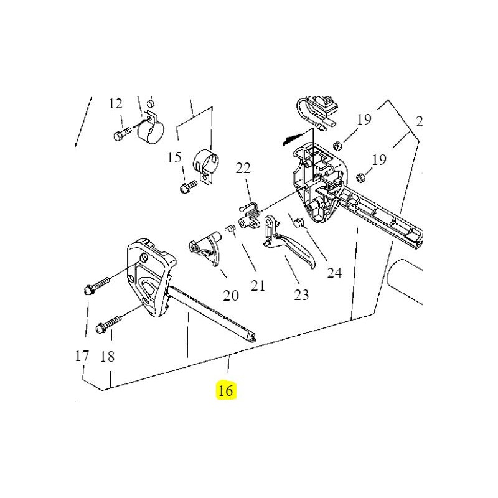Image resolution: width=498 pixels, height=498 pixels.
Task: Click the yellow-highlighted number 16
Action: coord(225,391)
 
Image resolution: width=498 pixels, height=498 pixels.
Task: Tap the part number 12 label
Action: coord(116,103)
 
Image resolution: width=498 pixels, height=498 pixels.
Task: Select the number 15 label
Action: coord(174,157)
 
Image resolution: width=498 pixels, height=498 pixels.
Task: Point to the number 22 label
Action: coord(243,167)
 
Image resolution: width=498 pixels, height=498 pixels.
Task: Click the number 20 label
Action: coord(231,296)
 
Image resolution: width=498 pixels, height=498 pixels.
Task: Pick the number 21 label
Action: coord(258,286)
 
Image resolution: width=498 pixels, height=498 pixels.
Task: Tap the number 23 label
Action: coord(301,295)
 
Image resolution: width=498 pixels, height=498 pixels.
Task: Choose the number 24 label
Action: coord(335,272)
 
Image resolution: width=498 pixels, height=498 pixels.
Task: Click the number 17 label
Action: coord(82,357)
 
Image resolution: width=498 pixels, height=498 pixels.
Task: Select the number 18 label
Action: coord(107,357)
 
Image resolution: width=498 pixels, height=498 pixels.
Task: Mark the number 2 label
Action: coord(419,122)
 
